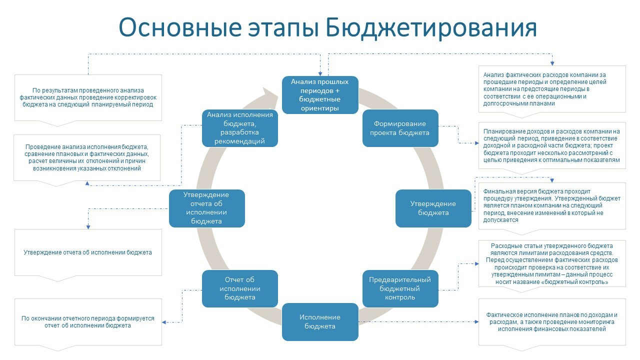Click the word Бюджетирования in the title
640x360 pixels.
click(431, 28)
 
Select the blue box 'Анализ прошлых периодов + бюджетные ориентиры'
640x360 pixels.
click(320, 94)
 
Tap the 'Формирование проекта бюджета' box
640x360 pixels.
click(400, 128)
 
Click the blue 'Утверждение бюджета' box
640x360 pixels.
click(433, 208)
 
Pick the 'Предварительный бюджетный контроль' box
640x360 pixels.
click(400, 288)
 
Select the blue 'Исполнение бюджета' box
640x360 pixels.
click(320, 322)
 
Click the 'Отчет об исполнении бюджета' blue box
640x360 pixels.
click(240, 288)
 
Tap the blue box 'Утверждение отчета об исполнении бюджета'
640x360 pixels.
click(206, 208)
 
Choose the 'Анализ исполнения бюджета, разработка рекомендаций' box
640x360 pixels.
click(240, 128)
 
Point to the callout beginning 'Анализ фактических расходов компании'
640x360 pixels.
click(551, 89)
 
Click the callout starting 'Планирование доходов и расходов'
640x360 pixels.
click(551, 145)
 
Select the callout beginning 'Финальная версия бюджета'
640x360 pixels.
click(551, 205)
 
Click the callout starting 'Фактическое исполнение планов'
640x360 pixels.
click(551, 322)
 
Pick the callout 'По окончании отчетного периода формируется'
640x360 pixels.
click(88, 322)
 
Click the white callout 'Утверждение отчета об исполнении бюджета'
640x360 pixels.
click(88, 252)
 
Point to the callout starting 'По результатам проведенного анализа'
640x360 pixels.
click(88, 97)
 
